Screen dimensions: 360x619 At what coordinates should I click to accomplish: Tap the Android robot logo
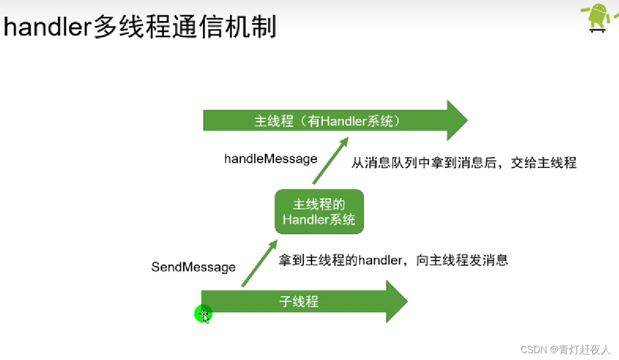598,17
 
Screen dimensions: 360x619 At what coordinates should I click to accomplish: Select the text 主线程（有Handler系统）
328,122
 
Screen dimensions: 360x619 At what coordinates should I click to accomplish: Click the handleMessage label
271,158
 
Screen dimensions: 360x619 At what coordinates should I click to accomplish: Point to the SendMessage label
194,267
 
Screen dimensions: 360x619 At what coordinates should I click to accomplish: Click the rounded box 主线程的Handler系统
319,212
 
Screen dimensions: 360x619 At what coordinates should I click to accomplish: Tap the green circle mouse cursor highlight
203,314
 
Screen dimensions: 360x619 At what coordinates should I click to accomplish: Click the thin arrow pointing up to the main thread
331,161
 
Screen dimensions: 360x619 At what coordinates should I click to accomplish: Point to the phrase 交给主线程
544,163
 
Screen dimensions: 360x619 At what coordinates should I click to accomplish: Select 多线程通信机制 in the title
185,27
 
